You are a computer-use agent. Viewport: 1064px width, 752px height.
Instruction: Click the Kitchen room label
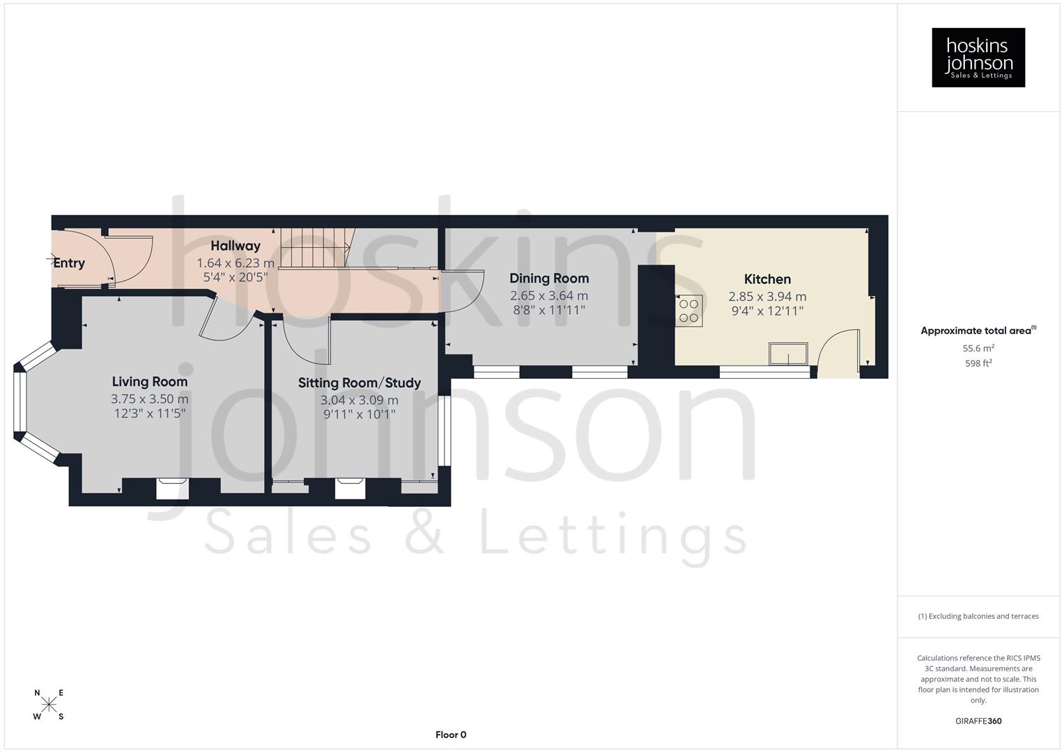767,279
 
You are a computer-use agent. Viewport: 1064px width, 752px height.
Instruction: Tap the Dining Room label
549,279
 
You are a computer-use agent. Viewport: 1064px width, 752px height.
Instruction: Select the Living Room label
150,382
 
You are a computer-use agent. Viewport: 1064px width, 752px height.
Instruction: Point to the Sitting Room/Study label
360,382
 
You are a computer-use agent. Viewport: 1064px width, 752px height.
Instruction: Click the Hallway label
236,246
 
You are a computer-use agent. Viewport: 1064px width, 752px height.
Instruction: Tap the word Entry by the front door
69,263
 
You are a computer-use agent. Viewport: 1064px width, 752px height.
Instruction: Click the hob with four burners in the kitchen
689,311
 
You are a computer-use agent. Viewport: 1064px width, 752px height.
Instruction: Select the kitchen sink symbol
788,354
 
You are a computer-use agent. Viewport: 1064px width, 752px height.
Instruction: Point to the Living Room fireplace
172,488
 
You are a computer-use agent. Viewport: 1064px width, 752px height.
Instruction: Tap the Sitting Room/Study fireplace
350,488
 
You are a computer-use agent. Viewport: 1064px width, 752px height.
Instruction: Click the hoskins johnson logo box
978,58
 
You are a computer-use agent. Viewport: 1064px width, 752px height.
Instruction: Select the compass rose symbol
49,704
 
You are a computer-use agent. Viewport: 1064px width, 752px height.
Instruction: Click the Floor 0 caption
451,735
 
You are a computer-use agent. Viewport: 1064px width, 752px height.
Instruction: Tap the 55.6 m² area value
978,348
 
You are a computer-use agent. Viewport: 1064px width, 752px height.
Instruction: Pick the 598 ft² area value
978,363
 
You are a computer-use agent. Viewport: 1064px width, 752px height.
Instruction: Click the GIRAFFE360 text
978,721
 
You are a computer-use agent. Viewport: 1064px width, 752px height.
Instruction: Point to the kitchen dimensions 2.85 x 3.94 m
767,297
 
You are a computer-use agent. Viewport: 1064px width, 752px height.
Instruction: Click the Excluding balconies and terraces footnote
978,616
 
